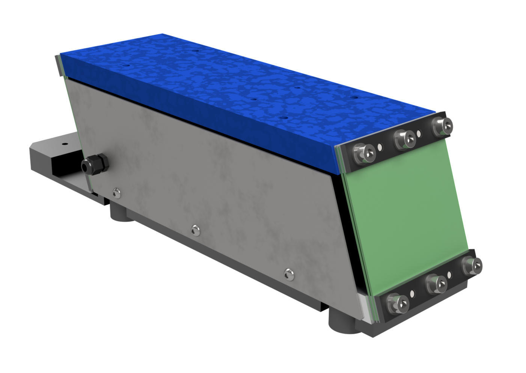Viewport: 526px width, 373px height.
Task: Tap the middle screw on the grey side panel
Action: [195, 230]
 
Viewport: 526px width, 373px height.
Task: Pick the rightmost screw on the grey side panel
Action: [288, 273]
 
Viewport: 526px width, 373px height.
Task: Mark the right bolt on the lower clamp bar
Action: [472, 266]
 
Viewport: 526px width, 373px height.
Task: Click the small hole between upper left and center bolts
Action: [381, 146]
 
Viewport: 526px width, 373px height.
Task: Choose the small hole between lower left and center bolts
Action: [412, 293]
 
